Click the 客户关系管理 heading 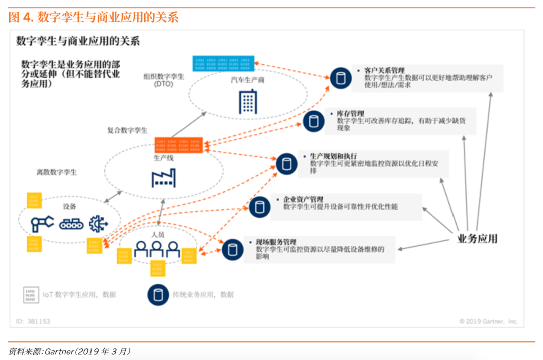click(384, 71)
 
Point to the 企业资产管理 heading click(303, 199)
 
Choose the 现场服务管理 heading click(276, 242)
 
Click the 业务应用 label click(477, 238)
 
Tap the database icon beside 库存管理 click(314, 121)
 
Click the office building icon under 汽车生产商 click(248, 102)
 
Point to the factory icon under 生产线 click(164, 177)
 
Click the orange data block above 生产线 click(178, 145)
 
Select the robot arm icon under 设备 click(42, 223)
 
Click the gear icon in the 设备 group click(98, 223)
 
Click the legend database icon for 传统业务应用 click(158, 295)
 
